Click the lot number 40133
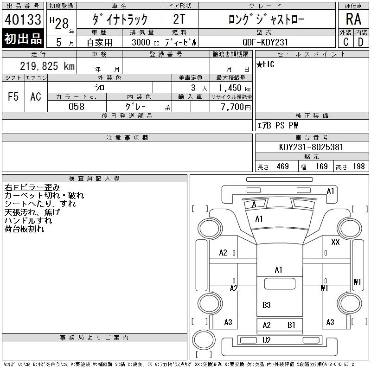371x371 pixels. point(23,19)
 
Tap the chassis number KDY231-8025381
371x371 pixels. point(312,147)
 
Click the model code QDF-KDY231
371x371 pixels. point(266,42)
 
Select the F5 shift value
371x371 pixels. point(13,96)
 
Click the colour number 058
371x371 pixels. point(77,107)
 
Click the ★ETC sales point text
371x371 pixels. point(266,65)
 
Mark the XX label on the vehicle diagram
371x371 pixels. point(335,242)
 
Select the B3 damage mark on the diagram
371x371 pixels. point(266,305)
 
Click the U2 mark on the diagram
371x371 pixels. point(266,340)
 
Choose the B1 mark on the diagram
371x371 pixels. point(291,325)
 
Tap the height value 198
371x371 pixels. point(358,166)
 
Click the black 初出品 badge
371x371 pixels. point(23,39)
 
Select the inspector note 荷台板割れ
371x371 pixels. point(24,229)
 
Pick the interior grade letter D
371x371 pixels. point(360,42)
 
